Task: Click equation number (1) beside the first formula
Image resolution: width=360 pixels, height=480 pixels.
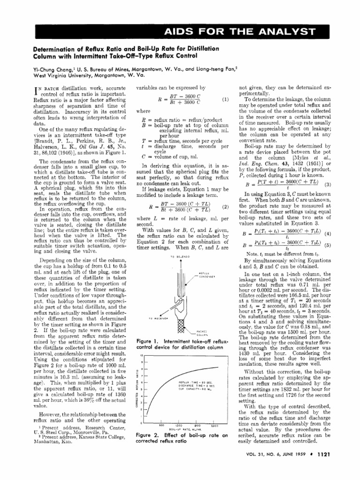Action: click(x=225, y=99)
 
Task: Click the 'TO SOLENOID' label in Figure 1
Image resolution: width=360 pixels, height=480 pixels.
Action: click(x=180, y=257)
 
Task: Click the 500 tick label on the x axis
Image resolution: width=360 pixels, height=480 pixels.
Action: click(x=161, y=425)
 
